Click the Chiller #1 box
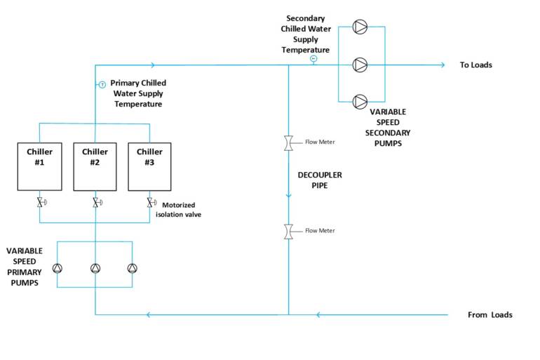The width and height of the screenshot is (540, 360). [x=39, y=166]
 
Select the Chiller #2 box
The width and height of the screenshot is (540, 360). [x=95, y=166]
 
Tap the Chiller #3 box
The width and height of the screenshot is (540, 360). [x=149, y=166]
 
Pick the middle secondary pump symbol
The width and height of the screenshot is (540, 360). [x=360, y=65]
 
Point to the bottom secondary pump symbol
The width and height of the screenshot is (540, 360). [x=360, y=102]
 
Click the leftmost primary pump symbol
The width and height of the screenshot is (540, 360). [x=58, y=268]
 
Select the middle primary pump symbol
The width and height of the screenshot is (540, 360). [x=95, y=268]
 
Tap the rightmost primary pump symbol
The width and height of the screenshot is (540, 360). [x=132, y=268]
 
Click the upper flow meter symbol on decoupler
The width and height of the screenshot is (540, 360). [x=288, y=142]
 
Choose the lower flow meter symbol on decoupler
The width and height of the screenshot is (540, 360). [x=288, y=231]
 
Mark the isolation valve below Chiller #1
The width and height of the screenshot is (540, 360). [x=41, y=203]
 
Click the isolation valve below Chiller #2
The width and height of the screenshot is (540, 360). [x=96, y=203]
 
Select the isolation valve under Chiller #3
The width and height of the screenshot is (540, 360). [x=151, y=203]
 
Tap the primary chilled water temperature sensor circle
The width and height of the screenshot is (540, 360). [x=102, y=85]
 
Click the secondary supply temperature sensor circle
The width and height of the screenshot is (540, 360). [x=313, y=59]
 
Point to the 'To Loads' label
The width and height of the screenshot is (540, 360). [x=475, y=65]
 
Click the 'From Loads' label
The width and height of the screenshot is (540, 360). [x=490, y=314]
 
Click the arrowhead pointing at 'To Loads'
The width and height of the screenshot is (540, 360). [x=442, y=65]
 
